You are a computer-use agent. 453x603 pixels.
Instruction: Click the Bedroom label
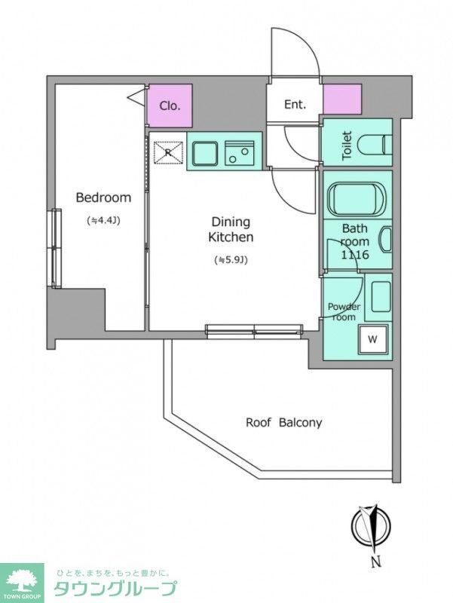click(103, 197)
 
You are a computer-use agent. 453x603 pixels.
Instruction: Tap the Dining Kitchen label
click(231, 229)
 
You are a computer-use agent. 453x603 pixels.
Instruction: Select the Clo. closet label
click(170, 106)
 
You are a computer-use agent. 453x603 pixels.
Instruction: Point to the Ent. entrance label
click(295, 104)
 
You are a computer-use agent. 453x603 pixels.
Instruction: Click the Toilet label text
click(347, 145)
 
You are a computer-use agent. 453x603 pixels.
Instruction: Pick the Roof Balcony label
click(284, 423)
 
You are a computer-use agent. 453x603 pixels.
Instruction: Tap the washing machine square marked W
click(372, 339)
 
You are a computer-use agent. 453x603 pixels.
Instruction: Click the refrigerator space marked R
click(168, 153)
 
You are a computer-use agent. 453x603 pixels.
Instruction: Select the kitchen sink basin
click(205, 153)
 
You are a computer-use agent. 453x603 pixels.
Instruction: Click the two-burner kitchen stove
click(240, 153)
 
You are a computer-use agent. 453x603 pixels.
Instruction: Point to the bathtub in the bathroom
click(356, 200)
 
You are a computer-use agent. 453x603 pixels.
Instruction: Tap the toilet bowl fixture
click(375, 145)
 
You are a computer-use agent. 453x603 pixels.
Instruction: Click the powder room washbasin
click(381, 296)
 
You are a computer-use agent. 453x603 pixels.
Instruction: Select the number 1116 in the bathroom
click(355, 255)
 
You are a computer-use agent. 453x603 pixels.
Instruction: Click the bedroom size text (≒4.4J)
click(104, 221)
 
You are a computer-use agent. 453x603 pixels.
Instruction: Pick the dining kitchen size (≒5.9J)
click(231, 260)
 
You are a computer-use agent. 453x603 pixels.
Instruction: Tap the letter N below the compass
click(376, 562)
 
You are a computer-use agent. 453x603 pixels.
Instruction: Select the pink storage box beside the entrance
click(342, 99)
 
